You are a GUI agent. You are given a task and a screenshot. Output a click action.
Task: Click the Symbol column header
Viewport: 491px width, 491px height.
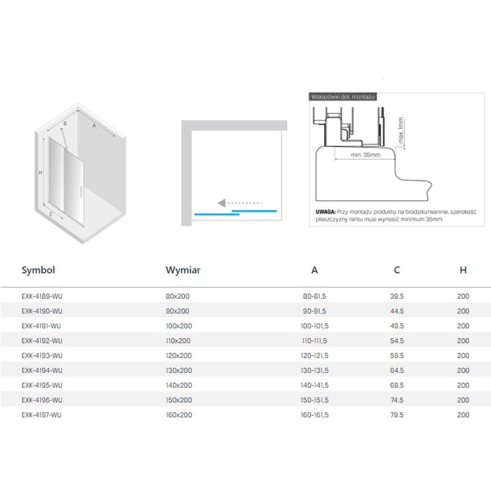coord(38,270)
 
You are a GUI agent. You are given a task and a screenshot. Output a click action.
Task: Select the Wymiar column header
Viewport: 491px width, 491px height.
coord(183,270)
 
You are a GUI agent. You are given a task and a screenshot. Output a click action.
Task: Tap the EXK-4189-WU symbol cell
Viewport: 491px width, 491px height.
coord(42,296)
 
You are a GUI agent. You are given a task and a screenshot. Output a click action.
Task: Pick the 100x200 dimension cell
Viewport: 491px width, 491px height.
coord(179,326)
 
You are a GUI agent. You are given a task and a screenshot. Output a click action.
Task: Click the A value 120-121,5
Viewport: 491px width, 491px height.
coord(314,356)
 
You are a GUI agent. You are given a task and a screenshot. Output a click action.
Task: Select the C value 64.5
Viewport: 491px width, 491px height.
coord(396,371)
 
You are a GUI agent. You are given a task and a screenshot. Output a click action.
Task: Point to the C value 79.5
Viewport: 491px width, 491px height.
coord(396,415)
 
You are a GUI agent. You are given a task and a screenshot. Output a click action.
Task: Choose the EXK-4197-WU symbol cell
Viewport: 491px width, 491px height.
coord(42,415)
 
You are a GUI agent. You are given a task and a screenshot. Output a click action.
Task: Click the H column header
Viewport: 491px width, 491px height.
coord(463,270)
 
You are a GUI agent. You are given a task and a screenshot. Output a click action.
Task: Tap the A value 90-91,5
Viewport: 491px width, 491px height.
coord(314,311)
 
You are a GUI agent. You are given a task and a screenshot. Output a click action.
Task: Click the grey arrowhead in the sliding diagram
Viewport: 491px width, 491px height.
coord(222,203)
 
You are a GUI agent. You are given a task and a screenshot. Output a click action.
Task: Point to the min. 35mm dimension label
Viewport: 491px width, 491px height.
coord(365,155)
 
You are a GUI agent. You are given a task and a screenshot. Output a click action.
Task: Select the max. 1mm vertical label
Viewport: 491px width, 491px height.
coord(401,130)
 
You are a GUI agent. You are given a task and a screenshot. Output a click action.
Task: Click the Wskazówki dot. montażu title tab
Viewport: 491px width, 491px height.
coord(343,97)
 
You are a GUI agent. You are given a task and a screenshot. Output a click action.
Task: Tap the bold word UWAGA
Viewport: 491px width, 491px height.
coord(325,212)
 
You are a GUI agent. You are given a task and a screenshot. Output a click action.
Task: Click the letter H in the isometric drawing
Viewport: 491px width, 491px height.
coord(41,172)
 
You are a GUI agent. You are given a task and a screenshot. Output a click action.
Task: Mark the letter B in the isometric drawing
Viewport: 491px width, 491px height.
coord(65,124)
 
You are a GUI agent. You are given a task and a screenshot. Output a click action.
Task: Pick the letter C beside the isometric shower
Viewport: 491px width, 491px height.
coord(51,214)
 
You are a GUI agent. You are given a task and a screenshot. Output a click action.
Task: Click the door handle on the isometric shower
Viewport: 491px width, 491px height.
coord(82,191)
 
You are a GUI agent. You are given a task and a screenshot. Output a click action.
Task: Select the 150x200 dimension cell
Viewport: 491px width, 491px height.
coord(179,400)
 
